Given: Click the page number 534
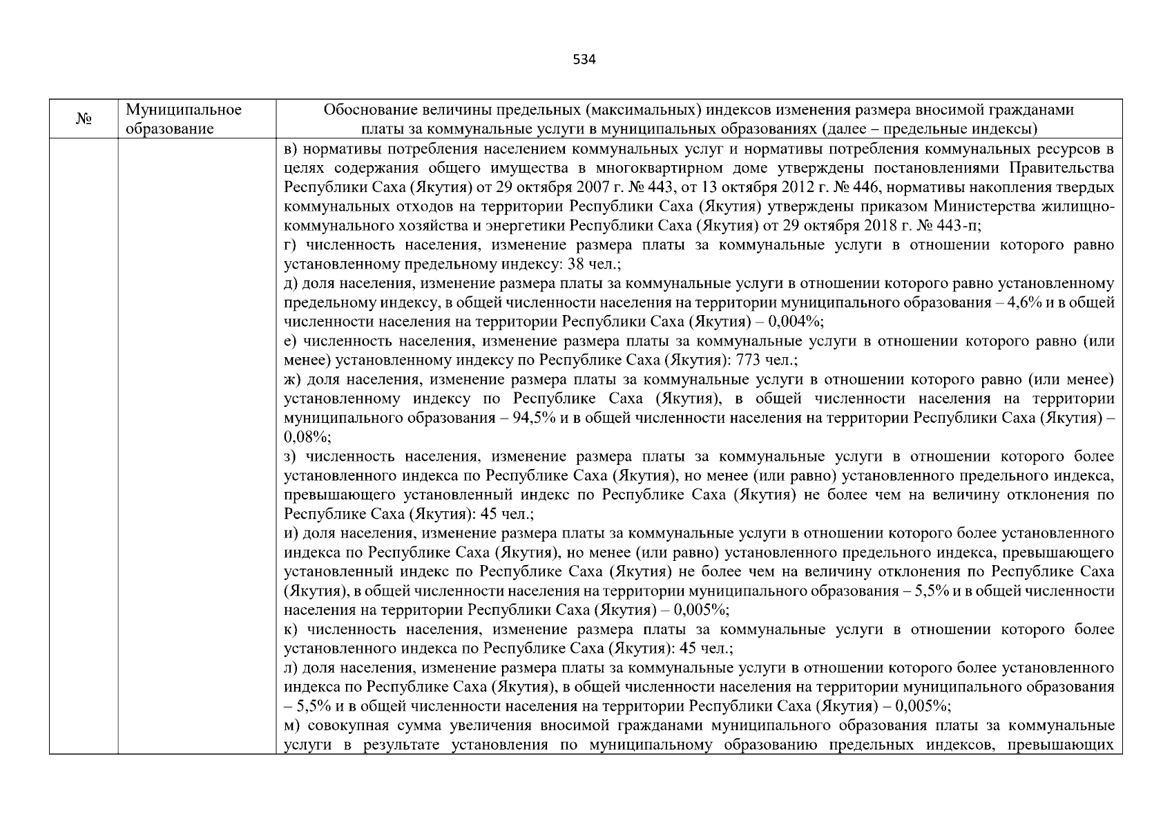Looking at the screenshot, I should click(x=584, y=59).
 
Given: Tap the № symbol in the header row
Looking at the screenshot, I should click(x=84, y=120).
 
